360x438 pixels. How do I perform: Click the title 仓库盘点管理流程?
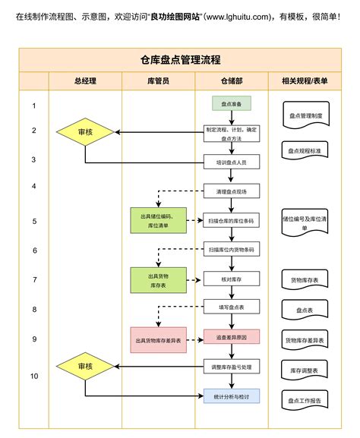point(181,60)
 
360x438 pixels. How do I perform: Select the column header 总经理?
point(85,81)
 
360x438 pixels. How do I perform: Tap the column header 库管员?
point(158,81)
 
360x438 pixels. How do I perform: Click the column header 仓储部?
point(231,81)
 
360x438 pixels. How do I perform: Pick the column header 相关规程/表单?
point(305,81)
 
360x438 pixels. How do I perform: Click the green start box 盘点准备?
point(231,104)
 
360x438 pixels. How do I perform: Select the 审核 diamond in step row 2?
point(85,132)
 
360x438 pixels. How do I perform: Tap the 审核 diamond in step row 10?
point(85,366)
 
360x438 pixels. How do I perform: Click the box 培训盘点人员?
point(231,162)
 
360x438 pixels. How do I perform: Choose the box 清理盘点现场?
point(231,191)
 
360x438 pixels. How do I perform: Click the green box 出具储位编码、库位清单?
point(158,221)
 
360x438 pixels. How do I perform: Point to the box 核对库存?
point(231,279)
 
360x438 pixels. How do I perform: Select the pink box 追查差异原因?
point(231,336)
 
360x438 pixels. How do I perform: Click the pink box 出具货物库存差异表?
point(158,340)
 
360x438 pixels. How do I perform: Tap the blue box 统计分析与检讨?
point(231,395)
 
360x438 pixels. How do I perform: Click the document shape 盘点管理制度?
point(305,116)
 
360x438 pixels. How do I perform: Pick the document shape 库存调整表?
point(305,370)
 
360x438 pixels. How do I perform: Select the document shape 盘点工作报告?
point(305,399)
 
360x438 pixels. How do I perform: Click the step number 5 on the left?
point(34,221)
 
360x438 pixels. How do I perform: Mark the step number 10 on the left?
point(34,376)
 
